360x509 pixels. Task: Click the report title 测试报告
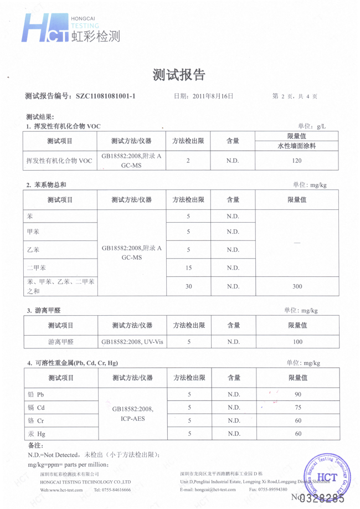tap(178, 75)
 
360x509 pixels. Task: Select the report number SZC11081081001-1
tap(105, 96)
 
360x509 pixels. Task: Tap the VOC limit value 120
tap(296, 161)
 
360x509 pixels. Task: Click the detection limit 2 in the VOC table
tap(189, 161)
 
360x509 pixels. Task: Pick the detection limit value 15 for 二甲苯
tap(189, 268)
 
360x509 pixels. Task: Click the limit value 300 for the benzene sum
tap(296, 286)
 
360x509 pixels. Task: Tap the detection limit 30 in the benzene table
tap(189, 286)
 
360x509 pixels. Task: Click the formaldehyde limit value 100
tap(297, 342)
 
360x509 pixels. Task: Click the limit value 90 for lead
tap(297, 394)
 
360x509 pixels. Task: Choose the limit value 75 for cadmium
tap(297, 408)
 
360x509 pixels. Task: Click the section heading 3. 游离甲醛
tap(44, 311)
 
